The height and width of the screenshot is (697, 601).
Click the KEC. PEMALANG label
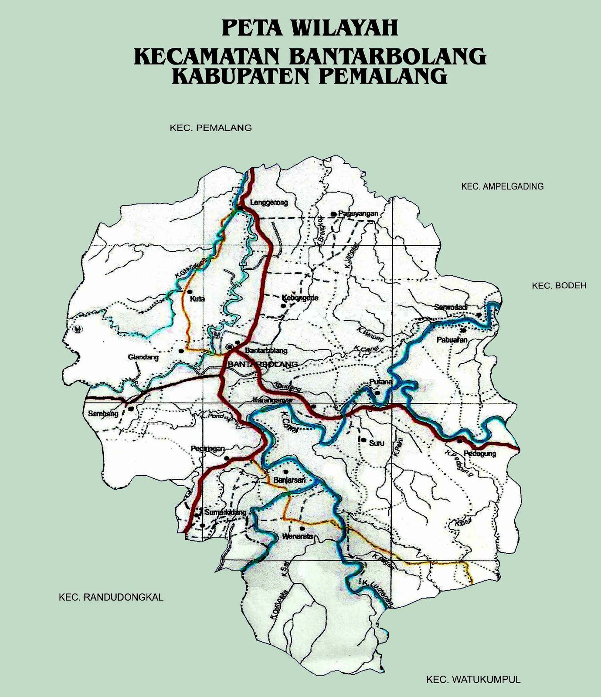(x=211, y=128)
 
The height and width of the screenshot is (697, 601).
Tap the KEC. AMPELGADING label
(x=502, y=186)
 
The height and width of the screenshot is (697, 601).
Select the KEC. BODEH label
(x=559, y=286)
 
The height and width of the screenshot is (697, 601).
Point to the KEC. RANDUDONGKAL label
(x=111, y=597)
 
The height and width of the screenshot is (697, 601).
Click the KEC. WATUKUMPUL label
(x=473, y=679)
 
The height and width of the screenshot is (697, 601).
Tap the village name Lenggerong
(x=269, y=203)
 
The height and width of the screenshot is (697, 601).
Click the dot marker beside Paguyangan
(x=333, y=214)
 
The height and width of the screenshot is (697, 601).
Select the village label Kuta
(x=197, y=299)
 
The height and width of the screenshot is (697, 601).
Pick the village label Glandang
(x=143, y=357)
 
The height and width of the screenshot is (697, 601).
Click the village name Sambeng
(x=103, y=414)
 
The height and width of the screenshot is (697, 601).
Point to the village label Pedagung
(x=480, y=453)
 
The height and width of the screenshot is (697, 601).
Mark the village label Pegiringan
(x=208, y=448)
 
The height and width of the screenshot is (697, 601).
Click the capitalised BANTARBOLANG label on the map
(x=260, y=364)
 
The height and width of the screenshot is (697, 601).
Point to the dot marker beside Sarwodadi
(x=479, y=314)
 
